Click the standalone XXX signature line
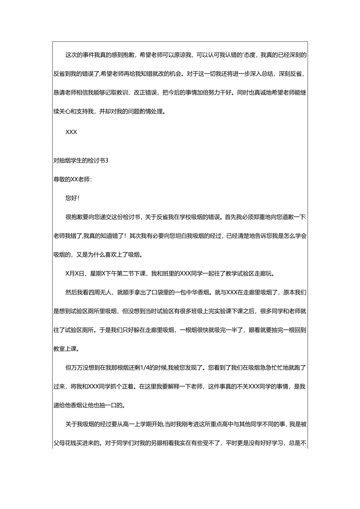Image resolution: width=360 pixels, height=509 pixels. click(x=71, y=132)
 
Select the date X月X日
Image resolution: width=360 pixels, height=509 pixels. click(x=75, y=273)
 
